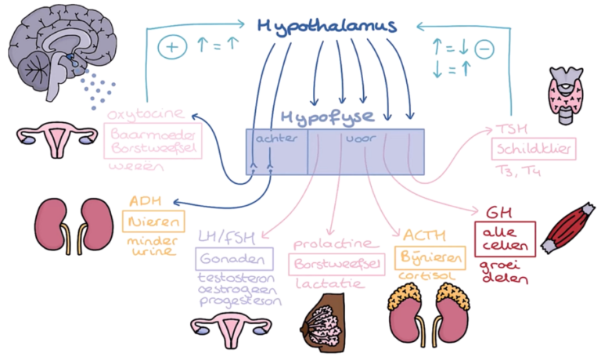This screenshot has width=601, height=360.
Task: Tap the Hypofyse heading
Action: (x=337, y=117)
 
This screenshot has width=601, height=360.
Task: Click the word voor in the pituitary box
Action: (x=354, y=139)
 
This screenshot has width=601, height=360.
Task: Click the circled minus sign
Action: (x=484, y=48)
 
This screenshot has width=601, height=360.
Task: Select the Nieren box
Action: (x=153, y=221)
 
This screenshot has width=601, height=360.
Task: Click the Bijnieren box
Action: (x=430, y=257)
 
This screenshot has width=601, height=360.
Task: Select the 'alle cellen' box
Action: (x=505, y=237)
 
